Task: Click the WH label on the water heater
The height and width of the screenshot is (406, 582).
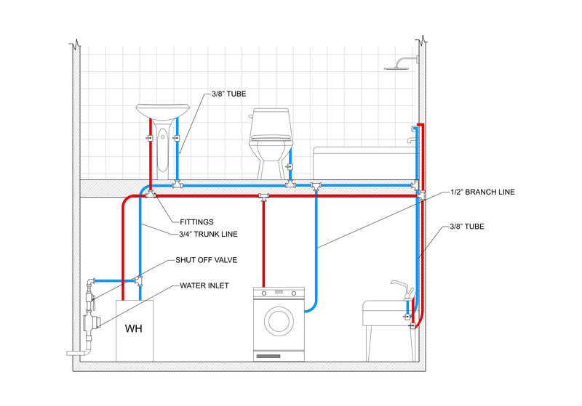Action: [133, 328]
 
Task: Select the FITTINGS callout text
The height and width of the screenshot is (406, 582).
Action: [192, 222]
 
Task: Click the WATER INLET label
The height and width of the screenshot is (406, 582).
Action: [204, 285]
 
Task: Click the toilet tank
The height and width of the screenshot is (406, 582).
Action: [270, 125]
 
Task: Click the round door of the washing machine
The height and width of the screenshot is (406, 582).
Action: [279, 320]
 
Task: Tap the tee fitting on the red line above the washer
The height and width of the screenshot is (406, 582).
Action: [263, 196]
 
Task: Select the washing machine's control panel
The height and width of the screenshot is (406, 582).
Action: [279, 293]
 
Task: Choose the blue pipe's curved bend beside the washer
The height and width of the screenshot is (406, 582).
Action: [312, 308]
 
